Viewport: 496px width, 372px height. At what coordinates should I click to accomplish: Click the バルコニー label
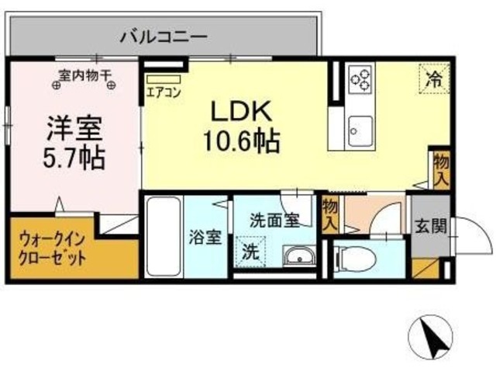[x=163, y=36]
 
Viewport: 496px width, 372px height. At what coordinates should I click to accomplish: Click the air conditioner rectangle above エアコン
[x=163, y=80]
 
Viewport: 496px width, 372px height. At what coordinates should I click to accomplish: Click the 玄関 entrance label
[x=428, y=227]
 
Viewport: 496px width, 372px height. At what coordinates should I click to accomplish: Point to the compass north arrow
[x=431, y=339]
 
